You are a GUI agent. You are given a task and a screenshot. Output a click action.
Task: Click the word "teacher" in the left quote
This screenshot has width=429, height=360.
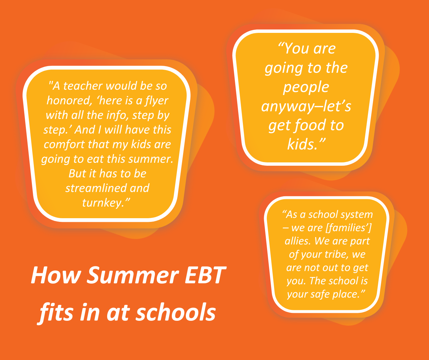[x=83, y=86]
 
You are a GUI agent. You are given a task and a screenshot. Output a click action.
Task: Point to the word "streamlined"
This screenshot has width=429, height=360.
[x=96, y=188]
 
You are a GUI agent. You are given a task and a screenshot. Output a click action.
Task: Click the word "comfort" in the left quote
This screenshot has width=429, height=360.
[x=64, y=144]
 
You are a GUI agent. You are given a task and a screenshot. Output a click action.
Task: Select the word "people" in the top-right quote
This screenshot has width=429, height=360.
[x=306, y=88]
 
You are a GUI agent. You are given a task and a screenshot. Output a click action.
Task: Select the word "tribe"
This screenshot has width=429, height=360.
[x=337, y=254]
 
